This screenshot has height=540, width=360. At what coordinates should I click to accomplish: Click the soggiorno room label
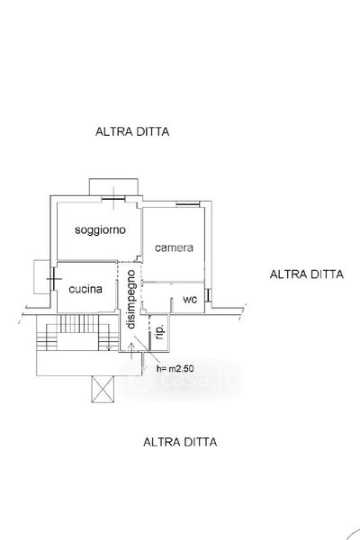pos(100,229)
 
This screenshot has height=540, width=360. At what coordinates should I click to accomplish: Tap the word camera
pos(174,247)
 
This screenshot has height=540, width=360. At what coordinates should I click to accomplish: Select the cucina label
pos(85,289)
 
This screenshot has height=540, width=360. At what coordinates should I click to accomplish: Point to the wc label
pos(190,300)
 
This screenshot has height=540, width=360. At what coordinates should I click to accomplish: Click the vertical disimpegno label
pos(131,300)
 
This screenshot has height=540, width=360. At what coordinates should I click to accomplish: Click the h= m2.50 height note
pos(175,368)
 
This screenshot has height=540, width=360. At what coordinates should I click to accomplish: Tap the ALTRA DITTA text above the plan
pos(132,131)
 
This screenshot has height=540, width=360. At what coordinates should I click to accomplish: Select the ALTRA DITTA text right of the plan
pos(307,274)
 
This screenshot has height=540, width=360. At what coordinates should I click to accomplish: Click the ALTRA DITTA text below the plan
pos(180,442)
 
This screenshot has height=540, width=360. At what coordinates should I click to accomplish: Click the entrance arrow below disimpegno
pos(132,351)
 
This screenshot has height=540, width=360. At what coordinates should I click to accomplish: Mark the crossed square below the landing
pos(103,389)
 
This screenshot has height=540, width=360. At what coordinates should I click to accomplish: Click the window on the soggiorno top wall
pos(113,198)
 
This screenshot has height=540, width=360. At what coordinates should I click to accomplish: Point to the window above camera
pos(188,204)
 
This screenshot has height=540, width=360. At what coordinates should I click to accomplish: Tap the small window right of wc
pos(208,295)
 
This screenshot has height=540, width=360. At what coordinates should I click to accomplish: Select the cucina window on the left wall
pos(53,279)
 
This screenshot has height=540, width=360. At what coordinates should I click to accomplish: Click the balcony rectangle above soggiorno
pos(113,187)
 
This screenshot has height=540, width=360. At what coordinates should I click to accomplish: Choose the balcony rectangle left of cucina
pos(42,277)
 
